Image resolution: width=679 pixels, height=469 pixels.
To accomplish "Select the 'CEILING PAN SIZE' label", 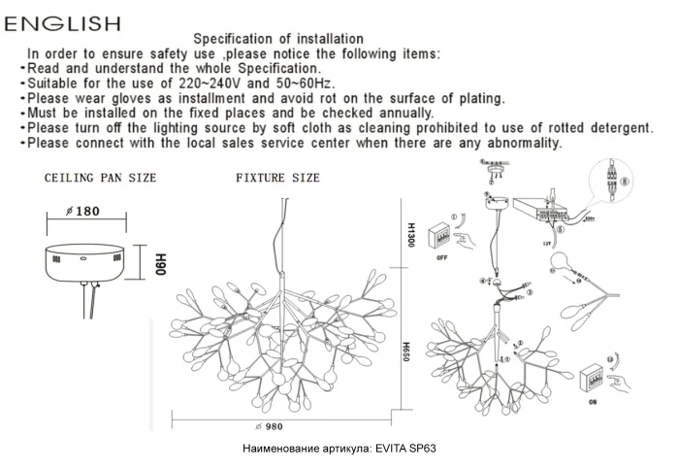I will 101,179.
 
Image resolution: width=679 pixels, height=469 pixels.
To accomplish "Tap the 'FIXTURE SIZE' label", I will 277,179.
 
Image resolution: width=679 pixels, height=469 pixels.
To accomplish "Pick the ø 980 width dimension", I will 267,426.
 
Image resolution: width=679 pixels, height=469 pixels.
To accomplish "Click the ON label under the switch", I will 592,400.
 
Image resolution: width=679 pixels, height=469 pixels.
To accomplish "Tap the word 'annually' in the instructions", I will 405,113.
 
